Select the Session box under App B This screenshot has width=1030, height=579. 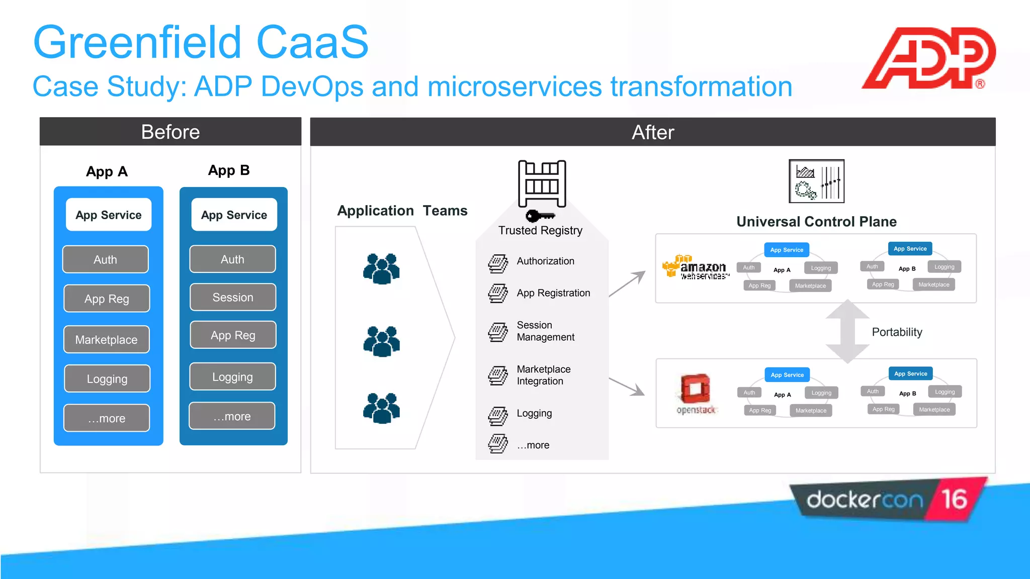[232, 297]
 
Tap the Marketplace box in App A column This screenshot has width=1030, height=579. [106, 339]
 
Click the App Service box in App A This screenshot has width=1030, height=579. [109, 215]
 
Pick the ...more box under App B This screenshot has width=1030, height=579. [232, 416]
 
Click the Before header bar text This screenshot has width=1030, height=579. [170, 132]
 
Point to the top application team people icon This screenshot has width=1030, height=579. [381, 268]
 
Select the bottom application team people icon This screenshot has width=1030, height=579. [381, 408]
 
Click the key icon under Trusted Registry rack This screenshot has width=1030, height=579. [539, 216]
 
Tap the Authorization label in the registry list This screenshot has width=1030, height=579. [545, 261]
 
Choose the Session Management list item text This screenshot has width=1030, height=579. [545, 331]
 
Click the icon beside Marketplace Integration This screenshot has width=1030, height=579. [498, 375]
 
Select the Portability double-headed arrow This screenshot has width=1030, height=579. [847, 332]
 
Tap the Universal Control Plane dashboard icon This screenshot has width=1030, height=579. [816, 181]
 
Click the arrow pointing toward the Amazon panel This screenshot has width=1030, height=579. [628, 283]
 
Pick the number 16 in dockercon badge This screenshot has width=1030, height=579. [954, 499]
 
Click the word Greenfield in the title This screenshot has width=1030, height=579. [137, 42]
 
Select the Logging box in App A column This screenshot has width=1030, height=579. [107, 378]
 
